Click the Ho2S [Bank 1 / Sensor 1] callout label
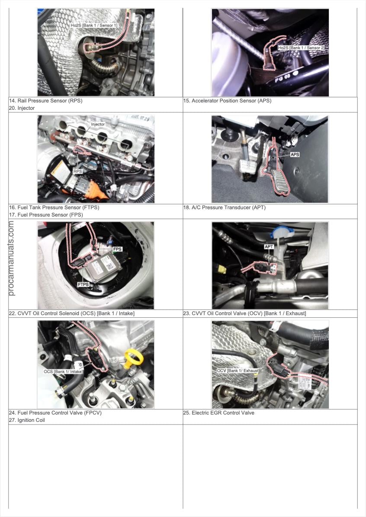tap(94, 26)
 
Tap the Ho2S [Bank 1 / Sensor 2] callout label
tap(301, 48)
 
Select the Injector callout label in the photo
tap(98, 124)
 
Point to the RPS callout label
tap(77, 172)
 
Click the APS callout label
tap(295, 154)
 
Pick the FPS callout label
tap(118, 249)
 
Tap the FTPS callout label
tap(83, 284)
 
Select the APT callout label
tap(269, 247)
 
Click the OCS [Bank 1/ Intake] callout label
tap(63, 372)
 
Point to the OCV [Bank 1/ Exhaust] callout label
tap(238, 370)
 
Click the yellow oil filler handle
tap(132, 359)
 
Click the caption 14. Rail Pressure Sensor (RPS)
tap(45, 101)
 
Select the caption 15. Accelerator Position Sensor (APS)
tap(228, 101)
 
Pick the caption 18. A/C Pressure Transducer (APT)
tap(225, 207)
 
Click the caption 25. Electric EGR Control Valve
tap(219, 413)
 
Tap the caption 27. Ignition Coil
tap(27, 420)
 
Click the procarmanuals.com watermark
tap(11, 258)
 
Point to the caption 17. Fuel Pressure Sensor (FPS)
tap(46, 215)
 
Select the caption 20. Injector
tap(22, 108)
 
